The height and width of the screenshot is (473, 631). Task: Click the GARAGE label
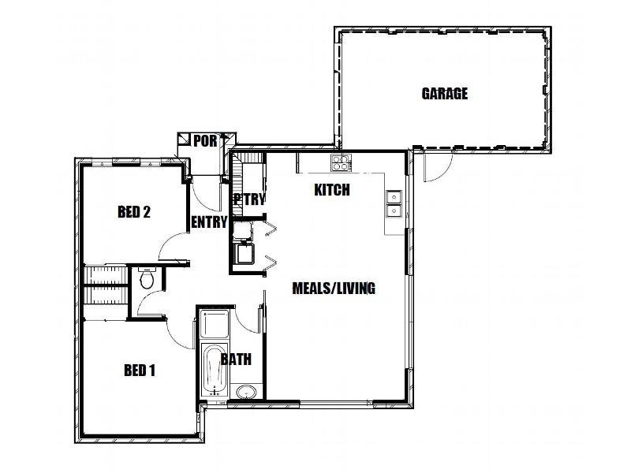pos(444,94)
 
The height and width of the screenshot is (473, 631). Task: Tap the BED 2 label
pos(134,211)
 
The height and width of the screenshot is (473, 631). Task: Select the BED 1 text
pos(139,370)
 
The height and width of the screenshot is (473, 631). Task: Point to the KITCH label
pos(331,190)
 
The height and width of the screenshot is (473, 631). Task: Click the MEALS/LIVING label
pos(334,288)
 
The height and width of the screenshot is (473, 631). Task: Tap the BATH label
pos(236,359)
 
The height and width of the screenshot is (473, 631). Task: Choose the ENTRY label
pos(209,222)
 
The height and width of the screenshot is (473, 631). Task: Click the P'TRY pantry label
pos(249,199)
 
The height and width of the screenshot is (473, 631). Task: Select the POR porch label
pos(205,141)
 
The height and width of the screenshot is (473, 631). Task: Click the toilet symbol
pos(146,278)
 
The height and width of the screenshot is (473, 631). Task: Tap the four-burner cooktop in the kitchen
pos(341,163)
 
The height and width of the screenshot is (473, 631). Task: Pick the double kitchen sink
pos(394,203)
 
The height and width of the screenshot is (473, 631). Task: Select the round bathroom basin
pos(245,392)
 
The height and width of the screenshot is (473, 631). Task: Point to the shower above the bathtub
pos(213,323)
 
